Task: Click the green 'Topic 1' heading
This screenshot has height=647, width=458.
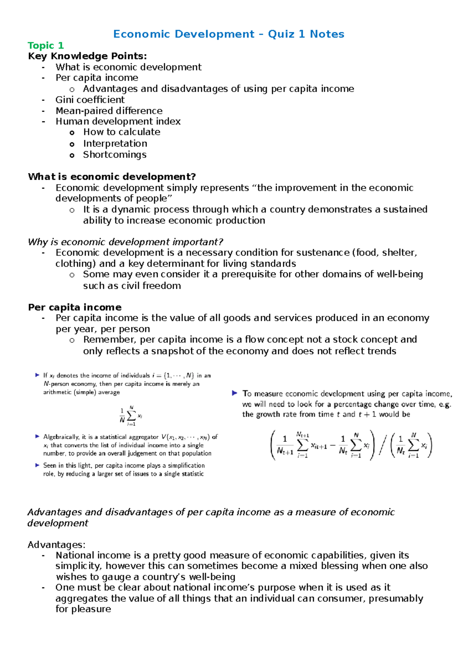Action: point(45,45)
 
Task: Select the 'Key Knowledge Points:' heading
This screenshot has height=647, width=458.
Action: point(87,56)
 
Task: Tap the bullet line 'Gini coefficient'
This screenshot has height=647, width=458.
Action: point(90,100)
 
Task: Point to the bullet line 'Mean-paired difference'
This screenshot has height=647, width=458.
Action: point(109,111)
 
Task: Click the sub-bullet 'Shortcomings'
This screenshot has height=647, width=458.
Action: point(114,155)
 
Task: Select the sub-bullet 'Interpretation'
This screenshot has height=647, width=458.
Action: point(115,143)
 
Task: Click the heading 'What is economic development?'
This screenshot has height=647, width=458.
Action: point(112,177)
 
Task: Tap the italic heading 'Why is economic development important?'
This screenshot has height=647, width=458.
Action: point(125,242)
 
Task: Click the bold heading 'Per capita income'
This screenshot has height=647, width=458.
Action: point(75,307)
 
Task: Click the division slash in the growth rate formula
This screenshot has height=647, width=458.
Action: point(383,446)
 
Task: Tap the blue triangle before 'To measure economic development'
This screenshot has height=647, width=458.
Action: point(235,393)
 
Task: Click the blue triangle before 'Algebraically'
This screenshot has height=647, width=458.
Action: point(37,436)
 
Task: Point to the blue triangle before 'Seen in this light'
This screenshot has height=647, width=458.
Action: point(37,465)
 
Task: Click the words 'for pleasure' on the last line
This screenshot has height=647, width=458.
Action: point(83,609)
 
